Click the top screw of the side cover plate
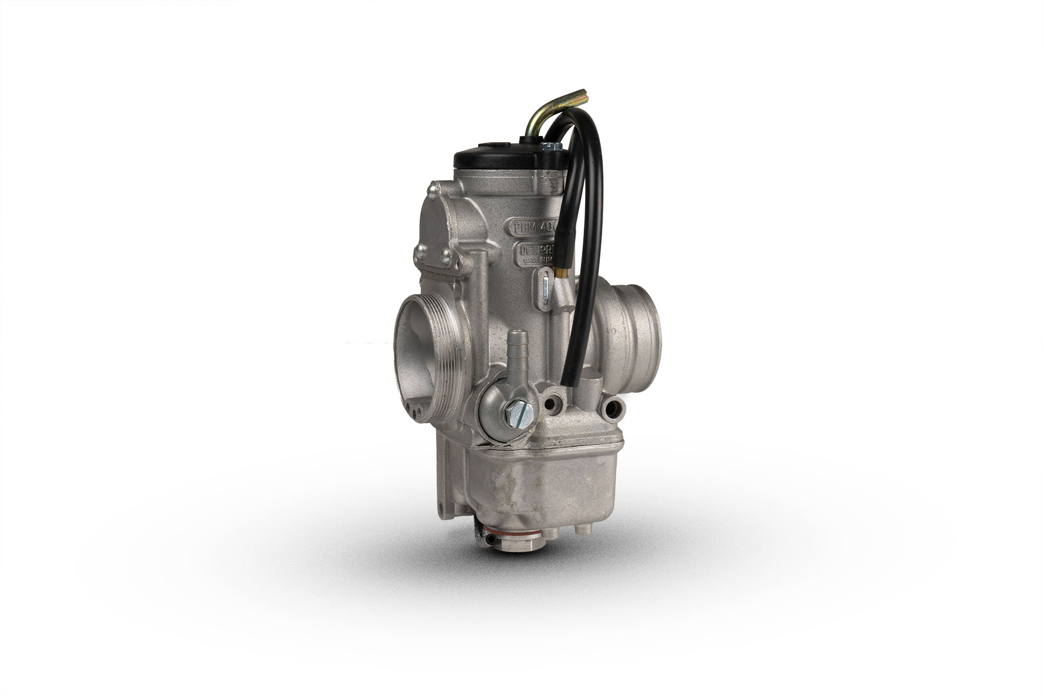(432, 188)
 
